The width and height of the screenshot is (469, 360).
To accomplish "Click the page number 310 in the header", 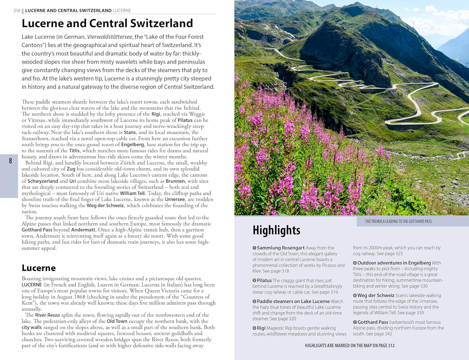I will point(17,11).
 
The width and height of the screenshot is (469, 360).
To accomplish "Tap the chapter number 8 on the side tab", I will point(10,161).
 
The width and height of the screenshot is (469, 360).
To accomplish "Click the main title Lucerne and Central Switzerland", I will point(107,23).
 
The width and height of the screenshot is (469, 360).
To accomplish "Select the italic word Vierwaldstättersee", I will point(109,37).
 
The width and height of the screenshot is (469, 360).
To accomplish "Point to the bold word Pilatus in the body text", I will point(185,120).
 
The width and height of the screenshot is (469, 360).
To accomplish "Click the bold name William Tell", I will point(133,193).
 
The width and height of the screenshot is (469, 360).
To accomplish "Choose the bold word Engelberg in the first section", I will point(133,145).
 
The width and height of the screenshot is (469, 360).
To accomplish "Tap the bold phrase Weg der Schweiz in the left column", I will point(105,205).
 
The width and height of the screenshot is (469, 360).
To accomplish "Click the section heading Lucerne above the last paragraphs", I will point(39,268).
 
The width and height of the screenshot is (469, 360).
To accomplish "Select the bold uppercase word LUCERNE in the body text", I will point(32,285).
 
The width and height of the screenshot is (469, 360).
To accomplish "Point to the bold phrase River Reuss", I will point(48,315).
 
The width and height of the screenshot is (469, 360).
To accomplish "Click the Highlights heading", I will point(276,230).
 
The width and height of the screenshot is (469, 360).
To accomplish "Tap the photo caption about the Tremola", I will point(398,221).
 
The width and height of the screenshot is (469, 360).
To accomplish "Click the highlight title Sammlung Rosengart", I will point(281,248).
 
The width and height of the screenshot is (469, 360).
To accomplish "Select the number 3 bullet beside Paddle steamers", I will point(255,302).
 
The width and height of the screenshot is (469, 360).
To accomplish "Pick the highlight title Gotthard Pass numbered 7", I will point(373,322).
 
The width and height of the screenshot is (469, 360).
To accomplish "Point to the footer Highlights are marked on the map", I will point(350,346).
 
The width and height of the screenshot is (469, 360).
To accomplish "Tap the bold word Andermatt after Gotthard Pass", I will point(83,230).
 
